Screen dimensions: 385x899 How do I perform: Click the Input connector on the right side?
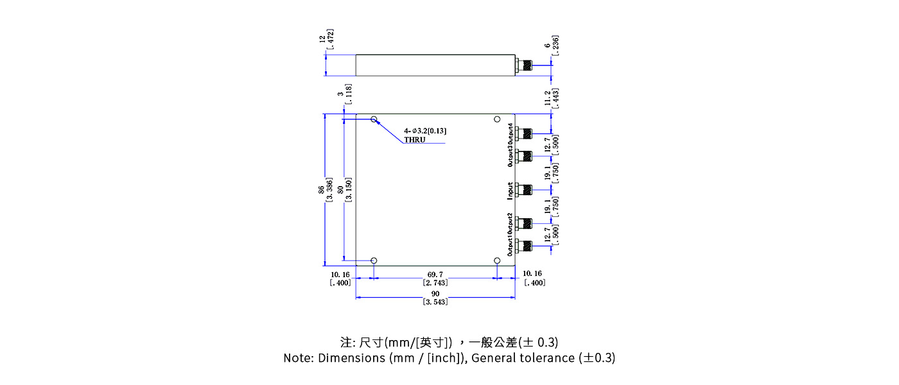coord(525,189)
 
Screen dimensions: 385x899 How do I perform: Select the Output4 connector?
coord(525,133)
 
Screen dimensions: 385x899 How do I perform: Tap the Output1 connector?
coord(525,245)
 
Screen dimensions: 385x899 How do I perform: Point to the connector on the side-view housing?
coord(525,65)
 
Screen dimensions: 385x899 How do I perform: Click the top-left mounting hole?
coord(374,120)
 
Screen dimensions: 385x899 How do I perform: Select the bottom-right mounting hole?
coord(497,261)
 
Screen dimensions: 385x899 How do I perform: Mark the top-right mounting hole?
coord(497,120)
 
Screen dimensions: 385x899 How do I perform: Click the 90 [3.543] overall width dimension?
coord(435,298)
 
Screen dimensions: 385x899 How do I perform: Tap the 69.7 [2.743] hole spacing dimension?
coord(435,278)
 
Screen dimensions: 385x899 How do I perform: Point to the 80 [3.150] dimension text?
coord(345,190)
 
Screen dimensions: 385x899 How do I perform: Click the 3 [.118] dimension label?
coord(345,94)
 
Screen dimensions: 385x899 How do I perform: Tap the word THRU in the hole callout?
coord(415,139)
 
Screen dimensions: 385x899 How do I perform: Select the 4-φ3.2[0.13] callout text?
coord(425,131)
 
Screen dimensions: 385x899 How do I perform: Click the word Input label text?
coord(510,190)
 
